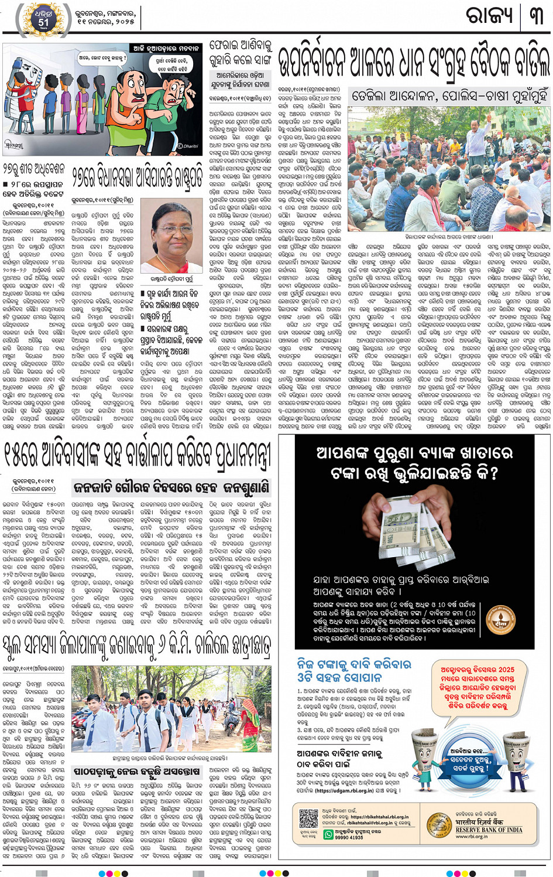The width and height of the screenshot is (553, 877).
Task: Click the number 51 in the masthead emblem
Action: coord(44,23)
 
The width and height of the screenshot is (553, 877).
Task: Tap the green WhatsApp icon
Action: coord(329,835)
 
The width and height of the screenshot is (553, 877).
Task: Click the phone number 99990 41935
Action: coord(349,838)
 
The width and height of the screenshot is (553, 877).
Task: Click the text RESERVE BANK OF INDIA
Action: coord(489,830)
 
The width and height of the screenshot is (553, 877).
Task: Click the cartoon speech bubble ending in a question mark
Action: coord(102,58)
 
